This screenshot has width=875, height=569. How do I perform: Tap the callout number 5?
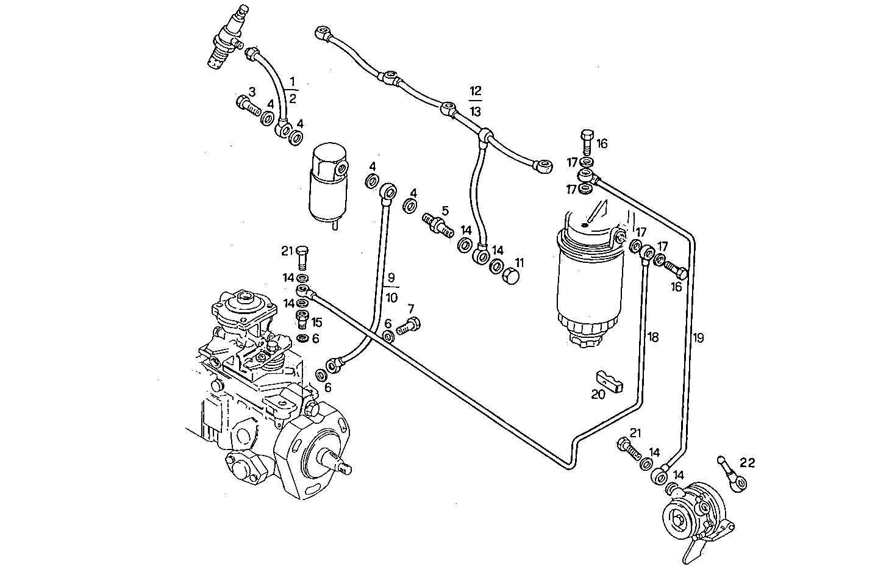445,210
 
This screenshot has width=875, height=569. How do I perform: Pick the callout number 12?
476,90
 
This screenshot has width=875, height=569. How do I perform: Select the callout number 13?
476,112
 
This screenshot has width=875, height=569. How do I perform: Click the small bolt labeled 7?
409,326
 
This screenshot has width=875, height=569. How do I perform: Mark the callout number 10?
391,297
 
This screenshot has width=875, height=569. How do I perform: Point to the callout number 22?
748,463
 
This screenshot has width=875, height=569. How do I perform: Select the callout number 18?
653,337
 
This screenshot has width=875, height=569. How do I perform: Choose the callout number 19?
698,338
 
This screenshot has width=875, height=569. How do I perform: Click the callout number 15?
317,321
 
